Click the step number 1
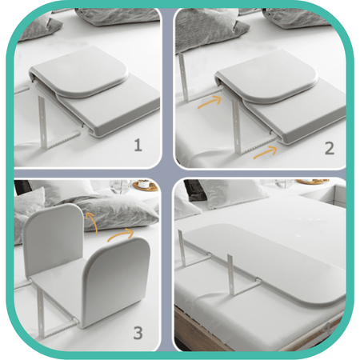[x=138, y=146]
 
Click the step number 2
[x=330, y=149]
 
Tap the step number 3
[x=138, y=333]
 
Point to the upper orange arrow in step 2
[x=210, y=102]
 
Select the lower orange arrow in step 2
[x=266, y=153]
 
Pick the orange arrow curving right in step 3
[x=120, y=234]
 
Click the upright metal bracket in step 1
[x=42, y=122]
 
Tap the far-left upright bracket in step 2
[x=183, y=78]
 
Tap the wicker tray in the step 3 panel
[x=146, y=185]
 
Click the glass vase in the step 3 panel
[x=120, y=186]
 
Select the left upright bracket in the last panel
[x=181, y=248]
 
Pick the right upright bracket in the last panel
[x=231, y=274]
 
